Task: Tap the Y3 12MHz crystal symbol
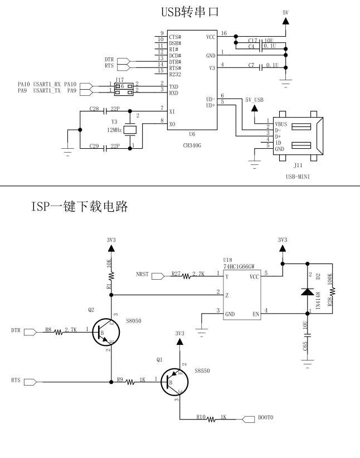(x=129, y=129)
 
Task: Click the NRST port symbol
(x=158, y=275)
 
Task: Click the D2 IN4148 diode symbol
(x=308, y=291)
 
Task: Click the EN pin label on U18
(x=256, y=314)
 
